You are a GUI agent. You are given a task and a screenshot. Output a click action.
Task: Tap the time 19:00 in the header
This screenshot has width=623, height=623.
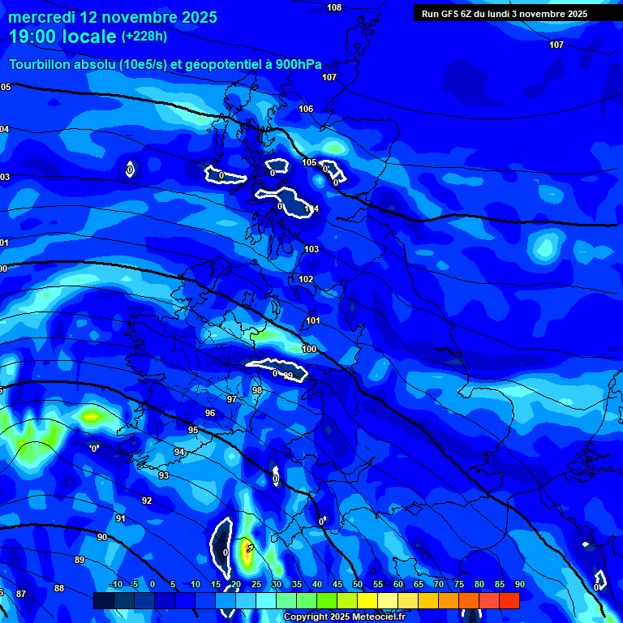(x=37, y=37)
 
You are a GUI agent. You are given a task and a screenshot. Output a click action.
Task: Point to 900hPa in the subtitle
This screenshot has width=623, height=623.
(x=296, y=64)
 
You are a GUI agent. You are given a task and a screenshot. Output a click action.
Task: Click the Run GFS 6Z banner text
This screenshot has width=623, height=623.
(x=504, y=14)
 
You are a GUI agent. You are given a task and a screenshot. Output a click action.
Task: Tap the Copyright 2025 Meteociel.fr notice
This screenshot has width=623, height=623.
(x=344, y=617)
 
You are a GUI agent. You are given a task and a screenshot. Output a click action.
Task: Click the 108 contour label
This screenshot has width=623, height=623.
(x=334, y=7)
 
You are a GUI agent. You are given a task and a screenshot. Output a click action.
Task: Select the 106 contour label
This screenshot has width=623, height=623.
(x=306, y=109)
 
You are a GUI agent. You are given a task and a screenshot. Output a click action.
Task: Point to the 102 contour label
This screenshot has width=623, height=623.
(x=306, y=279)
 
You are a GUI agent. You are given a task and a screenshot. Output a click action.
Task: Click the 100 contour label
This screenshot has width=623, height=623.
(x=309, y=349)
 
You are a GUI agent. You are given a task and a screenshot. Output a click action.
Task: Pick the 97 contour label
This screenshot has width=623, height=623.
(x=232, y=399)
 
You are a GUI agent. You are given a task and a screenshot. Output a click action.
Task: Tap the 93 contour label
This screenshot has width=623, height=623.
(x=164, y=475)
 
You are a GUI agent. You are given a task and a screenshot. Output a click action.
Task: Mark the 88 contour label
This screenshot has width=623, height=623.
(x=59, y=588)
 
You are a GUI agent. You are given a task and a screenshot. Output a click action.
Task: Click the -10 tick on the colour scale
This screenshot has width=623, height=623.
(x=116, y=584)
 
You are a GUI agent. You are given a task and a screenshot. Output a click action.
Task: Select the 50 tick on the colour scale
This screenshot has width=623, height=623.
(x=358, y=584)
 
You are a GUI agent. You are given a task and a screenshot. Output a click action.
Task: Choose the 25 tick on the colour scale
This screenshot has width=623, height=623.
(x=256, y=584)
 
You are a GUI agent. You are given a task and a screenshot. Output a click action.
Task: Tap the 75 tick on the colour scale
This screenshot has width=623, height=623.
(x=459, y=584)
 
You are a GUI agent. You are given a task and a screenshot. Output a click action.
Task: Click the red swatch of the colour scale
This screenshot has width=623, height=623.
(x=509, y=600)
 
